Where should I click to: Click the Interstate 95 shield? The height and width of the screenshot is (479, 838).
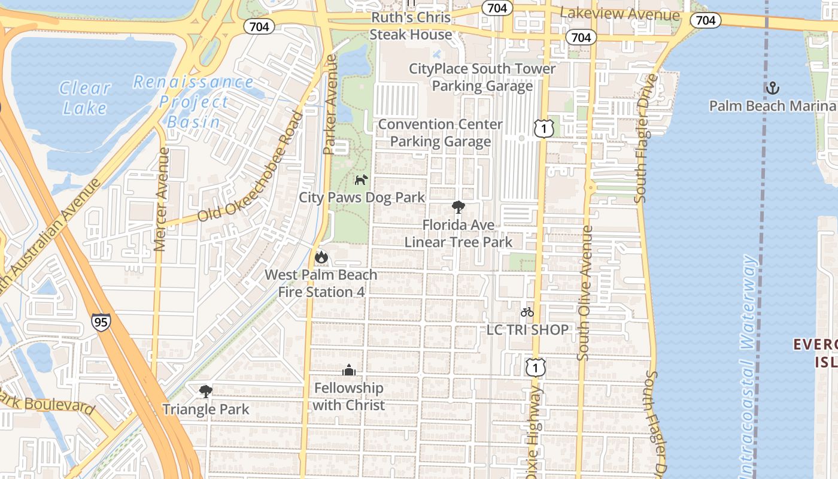pyautogui.click(x=101, y=322)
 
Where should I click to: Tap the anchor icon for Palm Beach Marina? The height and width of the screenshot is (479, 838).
pyautogui.click(x=772, y=88)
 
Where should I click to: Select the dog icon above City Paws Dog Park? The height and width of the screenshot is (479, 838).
pyautogui.click(x=360, y=180)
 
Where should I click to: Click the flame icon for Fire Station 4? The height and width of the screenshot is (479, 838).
pyautogui.click(x=321, y=257)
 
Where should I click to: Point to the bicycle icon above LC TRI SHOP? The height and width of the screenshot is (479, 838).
pyautogui.click(x=527, y=312)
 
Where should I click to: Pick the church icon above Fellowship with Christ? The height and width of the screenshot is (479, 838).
pyautogui.click(x=349, y=371)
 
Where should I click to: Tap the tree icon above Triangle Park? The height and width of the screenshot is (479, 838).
pyautogui.click(x=205, y=392)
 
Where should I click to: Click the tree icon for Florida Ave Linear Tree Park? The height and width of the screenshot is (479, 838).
pyautogui.click(x=459, y=208)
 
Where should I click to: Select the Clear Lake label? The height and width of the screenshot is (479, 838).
pyautogui.click(x=85, y=98)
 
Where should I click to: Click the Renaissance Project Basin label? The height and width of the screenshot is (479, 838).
pyautogui.click(x=193, y=102)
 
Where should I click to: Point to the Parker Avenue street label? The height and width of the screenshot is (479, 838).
pyautogui.click(x=330, y=105)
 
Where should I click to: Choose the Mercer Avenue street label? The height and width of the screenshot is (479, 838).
pyautogui.click(x=160, y=199)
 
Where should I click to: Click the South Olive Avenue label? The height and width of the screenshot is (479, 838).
pyautogui.click(x=585, y=293)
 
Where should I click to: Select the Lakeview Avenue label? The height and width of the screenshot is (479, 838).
pyautogui.click(x=620, y=14)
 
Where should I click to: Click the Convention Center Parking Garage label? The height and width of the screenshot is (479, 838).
pyautogui.click(x=441, y=133)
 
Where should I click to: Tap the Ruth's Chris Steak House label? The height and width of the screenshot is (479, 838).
pyautogui.click(x=411, y=26)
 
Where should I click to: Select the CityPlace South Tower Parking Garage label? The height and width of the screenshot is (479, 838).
pyautogui.click(x=482, y=77)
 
